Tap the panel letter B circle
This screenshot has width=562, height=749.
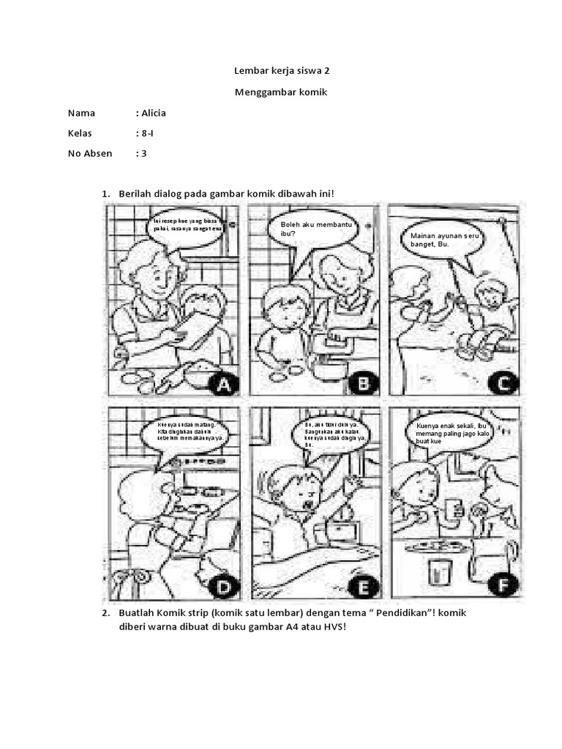pos(364,381)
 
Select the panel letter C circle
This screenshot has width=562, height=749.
pos(504,381)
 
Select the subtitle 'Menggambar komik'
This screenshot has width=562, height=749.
pos(281,93)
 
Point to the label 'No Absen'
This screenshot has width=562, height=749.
pos(90,154)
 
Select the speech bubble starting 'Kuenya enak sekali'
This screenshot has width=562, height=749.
pos(455,434)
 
